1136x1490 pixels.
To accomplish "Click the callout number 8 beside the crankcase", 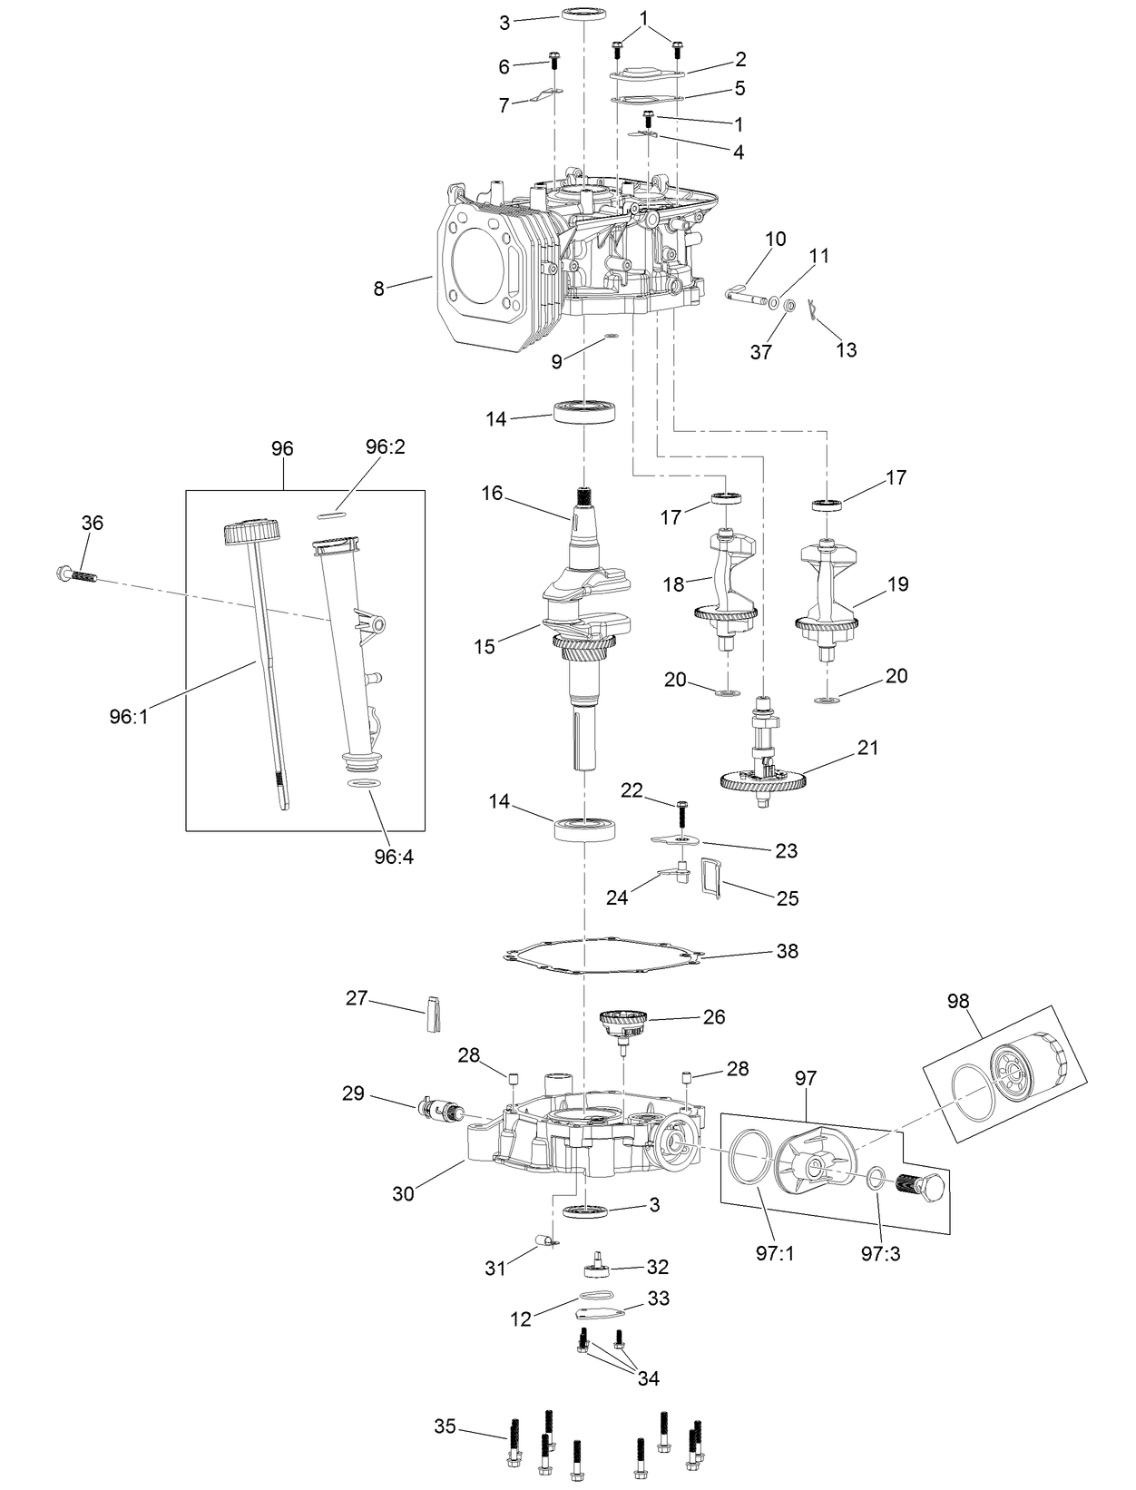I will pyautogui.click(x=378, y=289).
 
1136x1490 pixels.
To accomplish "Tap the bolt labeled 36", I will pyautogui.click(x=75, y=575).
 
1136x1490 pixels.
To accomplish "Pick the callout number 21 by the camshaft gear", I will pyautogui.click(x=868, y=748).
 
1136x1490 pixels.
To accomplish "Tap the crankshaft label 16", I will pyautogui.click(x=492, y=493).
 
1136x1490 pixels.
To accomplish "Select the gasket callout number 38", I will pyautogui.click(x=787, y=951).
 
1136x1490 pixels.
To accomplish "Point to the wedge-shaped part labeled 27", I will pyautogui.click(x=433, y=1015).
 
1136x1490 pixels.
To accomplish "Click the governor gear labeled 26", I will pyautogui.click(x=624, y=1025).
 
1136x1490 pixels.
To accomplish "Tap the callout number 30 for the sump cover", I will pyautogui.click(x=403, y=1193).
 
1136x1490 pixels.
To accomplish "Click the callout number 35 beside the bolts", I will pyautogui.click(x=445, y=1426).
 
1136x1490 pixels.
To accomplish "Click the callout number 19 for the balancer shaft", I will pyautogui.click(x=897, y=584).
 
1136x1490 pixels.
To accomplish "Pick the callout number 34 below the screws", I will pyautogui.click(x=648, y=1378).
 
